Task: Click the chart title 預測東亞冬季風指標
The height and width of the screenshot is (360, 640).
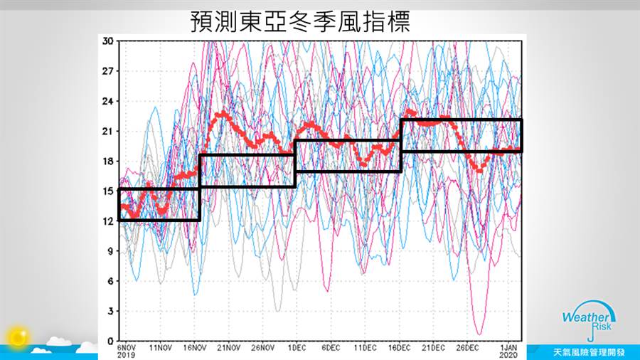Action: point(301,21)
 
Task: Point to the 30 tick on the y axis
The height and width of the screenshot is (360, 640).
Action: point(108,41)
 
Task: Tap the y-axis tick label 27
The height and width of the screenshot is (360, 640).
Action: point(108,71)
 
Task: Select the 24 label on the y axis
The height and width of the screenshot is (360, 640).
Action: point(108,101)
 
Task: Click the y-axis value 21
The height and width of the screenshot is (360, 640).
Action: point(108,131)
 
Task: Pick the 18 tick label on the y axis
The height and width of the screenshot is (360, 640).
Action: point(108,161)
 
